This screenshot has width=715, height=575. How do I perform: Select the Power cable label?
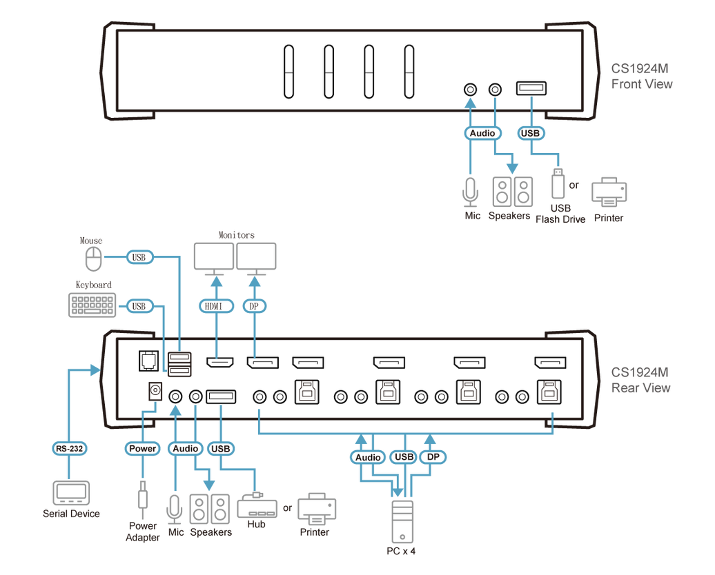coord(143,448)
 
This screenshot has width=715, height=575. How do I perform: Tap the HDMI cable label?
coord(216,305)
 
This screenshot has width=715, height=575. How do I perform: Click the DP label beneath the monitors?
coord(255,305)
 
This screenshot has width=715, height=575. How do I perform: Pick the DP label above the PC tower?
coord(433,456)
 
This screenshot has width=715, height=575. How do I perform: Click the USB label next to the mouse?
coord(139,257)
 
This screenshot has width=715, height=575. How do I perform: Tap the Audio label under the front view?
coord(482,133)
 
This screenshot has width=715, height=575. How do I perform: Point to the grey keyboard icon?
coord(91,305)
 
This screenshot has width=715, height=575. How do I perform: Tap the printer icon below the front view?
coord(609,191)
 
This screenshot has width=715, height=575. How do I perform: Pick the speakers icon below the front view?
coord(512,192)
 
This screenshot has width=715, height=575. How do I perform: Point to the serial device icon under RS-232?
coord(71,493)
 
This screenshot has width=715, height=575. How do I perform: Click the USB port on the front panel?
coord(531,88)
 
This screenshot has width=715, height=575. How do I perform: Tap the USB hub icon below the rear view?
coord(257,508)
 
